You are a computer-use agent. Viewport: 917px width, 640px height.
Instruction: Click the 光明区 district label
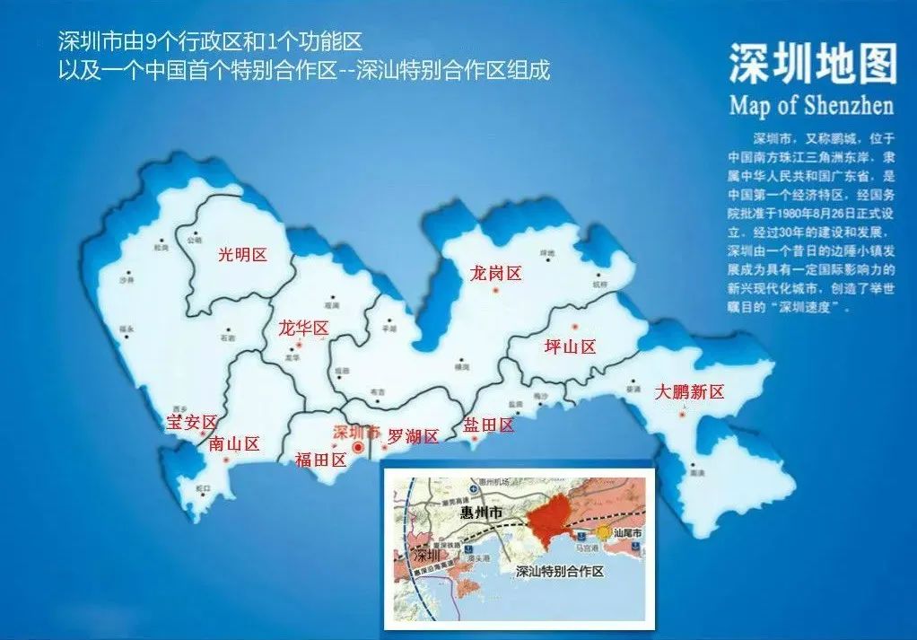pos(243,255)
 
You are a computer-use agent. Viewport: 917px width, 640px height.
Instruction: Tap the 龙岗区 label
pos(495,274)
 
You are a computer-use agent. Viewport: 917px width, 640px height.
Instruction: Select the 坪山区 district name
pos(570,347)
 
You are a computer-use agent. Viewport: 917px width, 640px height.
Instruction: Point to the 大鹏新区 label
pos(689,392)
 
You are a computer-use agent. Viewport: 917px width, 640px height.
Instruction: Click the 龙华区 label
pos(303,329)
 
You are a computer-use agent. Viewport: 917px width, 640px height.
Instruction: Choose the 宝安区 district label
pos(191,422)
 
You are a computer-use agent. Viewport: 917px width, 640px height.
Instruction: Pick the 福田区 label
pos(320,460)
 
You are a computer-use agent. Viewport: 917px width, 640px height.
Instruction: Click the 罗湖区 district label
pos(413,437)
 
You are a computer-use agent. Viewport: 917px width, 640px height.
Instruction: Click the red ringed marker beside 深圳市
pos(358,447)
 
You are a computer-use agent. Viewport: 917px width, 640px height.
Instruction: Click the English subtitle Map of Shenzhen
pos(811,106)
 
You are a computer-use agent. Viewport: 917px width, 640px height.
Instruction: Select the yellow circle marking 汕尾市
pos(605,532)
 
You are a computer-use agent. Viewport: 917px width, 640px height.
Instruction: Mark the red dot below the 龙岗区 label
pos(494,293)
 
